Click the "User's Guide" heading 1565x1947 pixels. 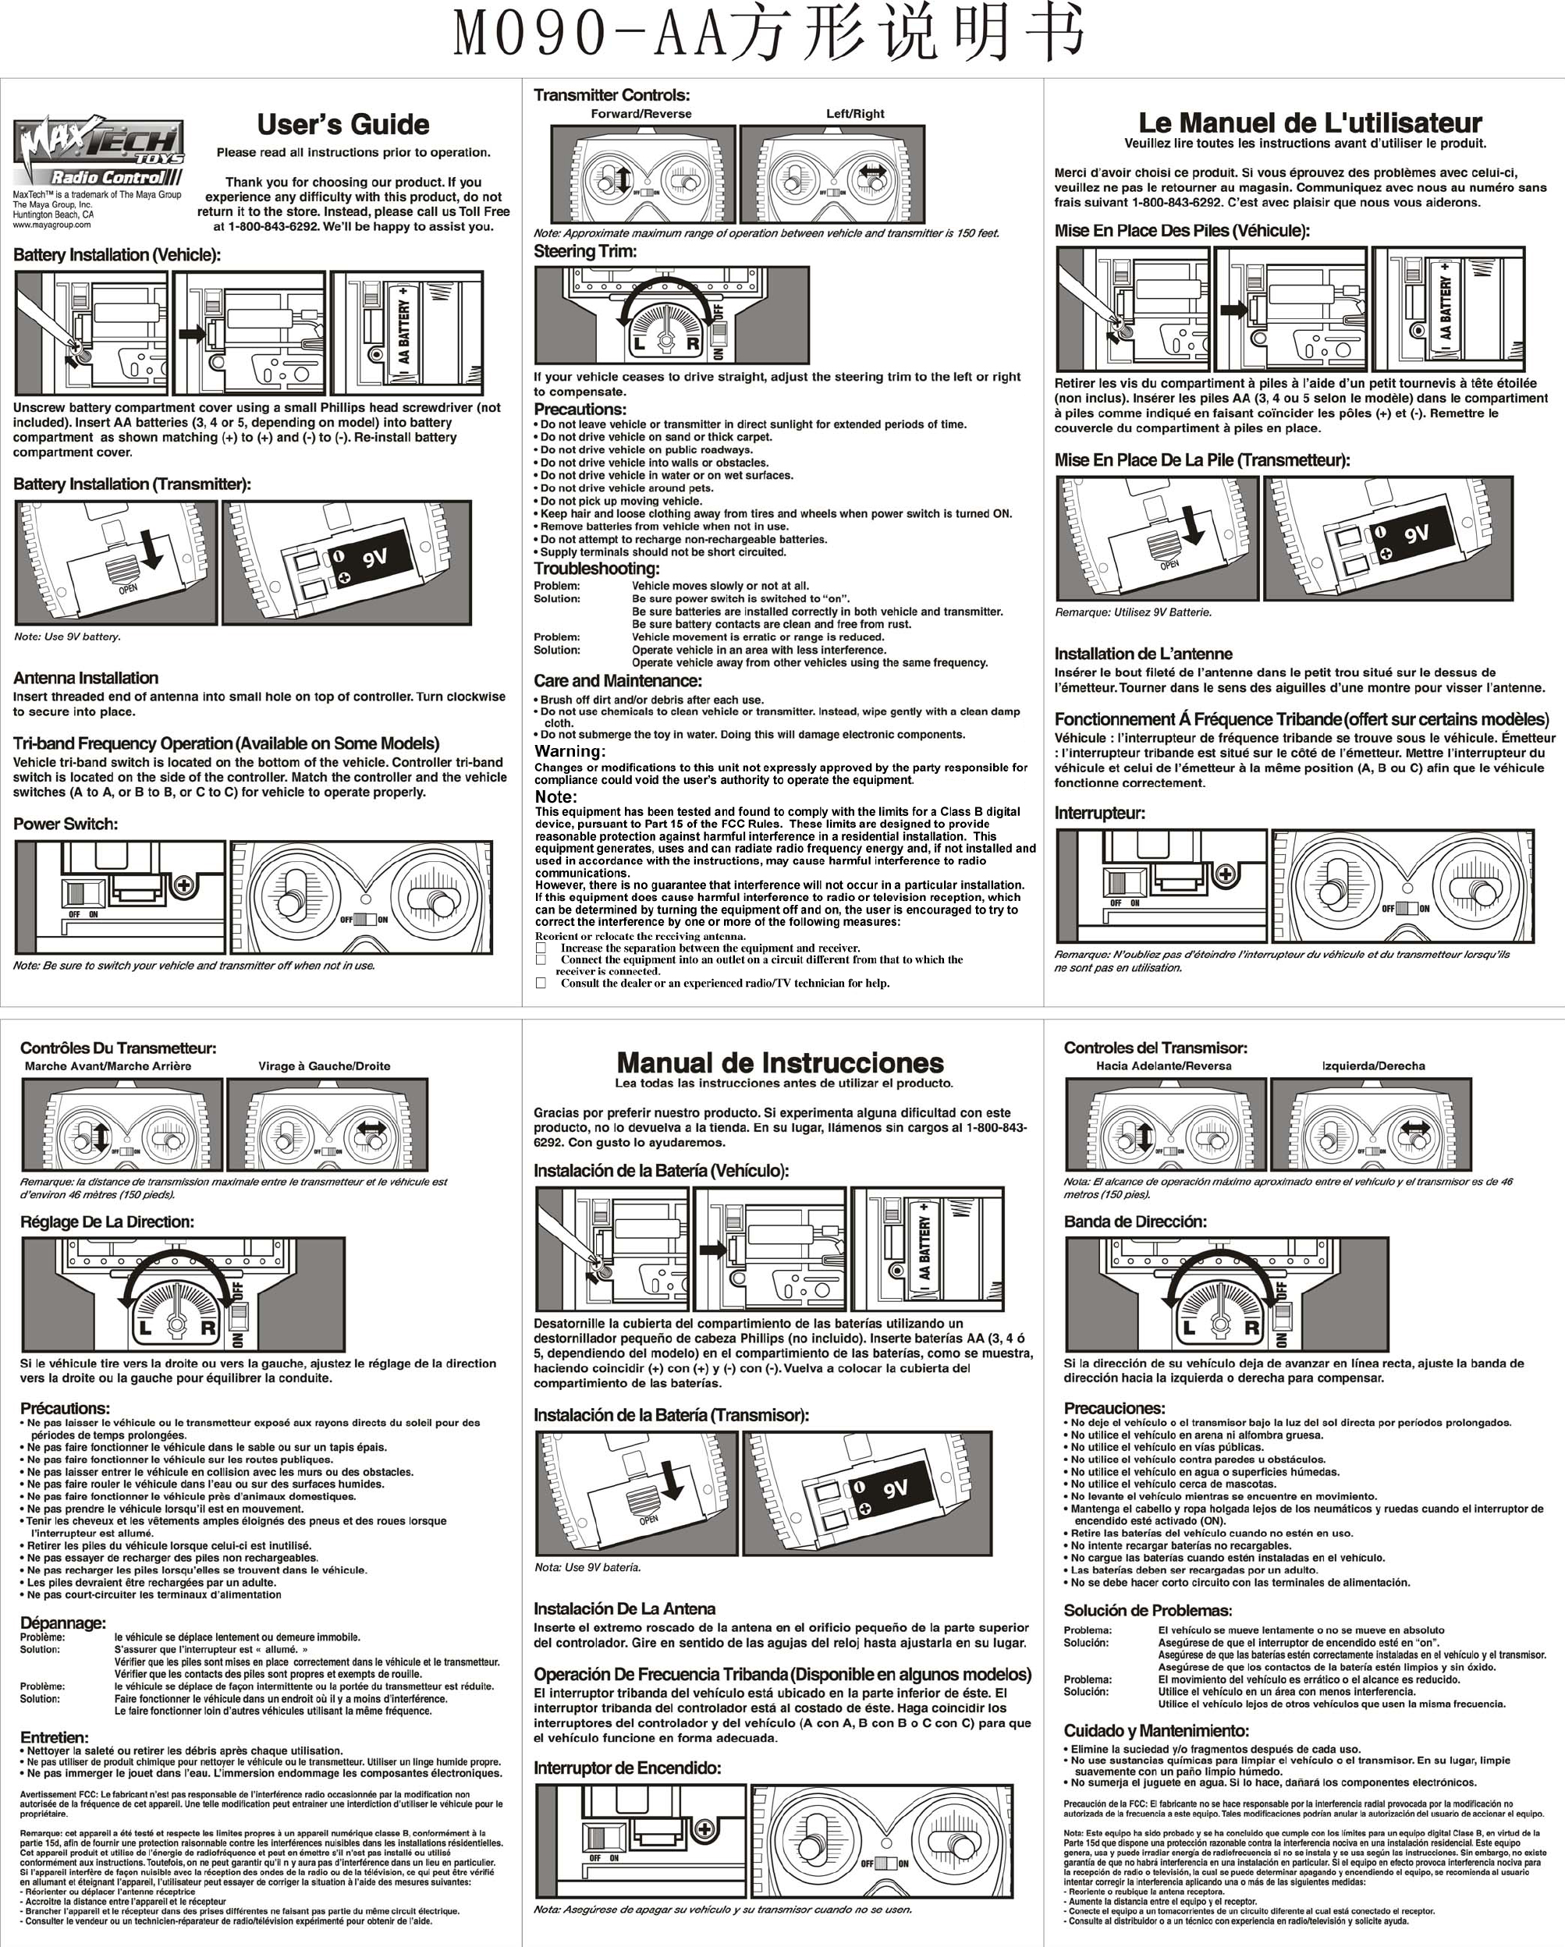[343, 125]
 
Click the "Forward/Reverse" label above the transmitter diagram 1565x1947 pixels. [641, 114]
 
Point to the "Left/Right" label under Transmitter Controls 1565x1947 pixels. [855, 114]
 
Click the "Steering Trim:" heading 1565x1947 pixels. [585, 251]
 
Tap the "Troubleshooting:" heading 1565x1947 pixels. [596, 568]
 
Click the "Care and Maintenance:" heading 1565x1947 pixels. [618, 680]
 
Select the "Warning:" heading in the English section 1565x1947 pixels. [570, 751]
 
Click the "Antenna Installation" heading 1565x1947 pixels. [86, 677]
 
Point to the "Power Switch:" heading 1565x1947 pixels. [65, 824]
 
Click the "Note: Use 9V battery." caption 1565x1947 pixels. [68, 637]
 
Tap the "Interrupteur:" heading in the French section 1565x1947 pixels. [1100, 813]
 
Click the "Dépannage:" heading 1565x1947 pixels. [63, 1622]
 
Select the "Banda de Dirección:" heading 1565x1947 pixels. [1135, 1222]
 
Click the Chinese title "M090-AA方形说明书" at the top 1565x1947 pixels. [768, 34]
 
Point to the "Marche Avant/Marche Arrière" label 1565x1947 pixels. [108, 1066]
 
